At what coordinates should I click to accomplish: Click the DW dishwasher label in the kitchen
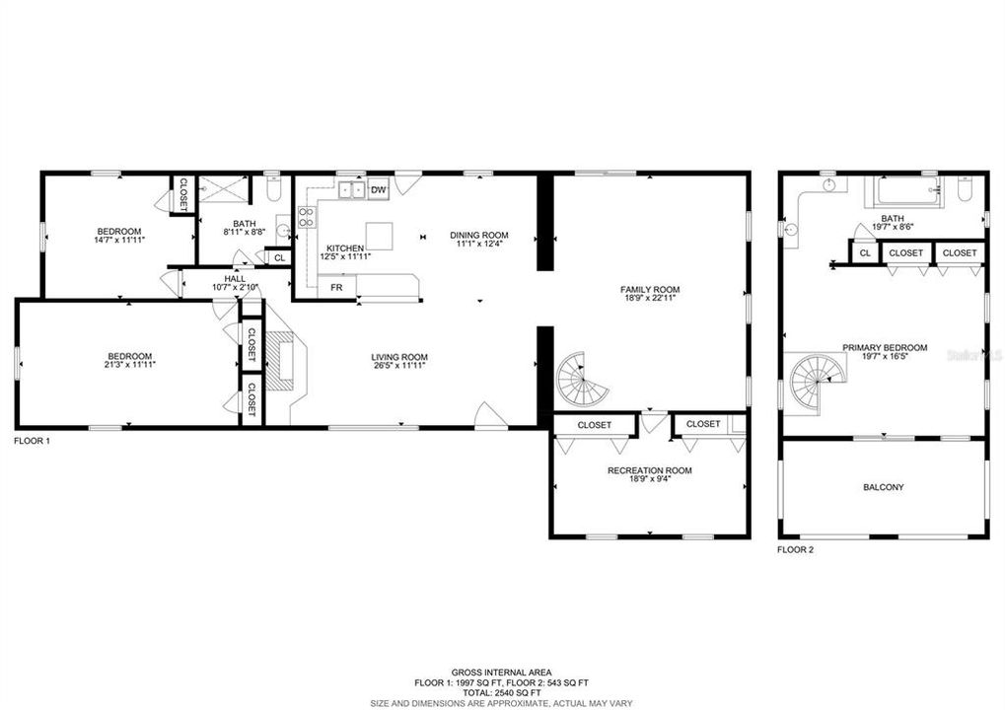click(x=379, y=188)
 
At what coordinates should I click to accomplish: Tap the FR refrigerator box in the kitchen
click(x=336, y=288)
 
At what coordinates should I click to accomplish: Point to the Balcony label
click(x=883, y=487)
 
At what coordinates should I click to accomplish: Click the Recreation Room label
click(x=649, y=470)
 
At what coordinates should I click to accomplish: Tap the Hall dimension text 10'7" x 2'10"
click(x=235, y=288)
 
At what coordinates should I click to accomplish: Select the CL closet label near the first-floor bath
click(x=279, y=257)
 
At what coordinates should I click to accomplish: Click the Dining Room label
click(x=479, y=235)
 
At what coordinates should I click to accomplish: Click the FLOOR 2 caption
click(x=795, y=549)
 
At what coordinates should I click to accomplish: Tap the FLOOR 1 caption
click(x=32, y=441)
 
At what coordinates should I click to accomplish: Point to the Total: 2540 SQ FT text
click(x=501, y=692)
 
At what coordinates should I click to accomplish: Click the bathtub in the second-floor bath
click(x=904, y=189)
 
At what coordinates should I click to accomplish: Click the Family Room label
click(x=650, y=290)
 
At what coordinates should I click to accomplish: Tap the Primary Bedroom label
click(x=884, y=347)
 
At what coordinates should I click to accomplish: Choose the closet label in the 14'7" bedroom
click(x=182, y=194)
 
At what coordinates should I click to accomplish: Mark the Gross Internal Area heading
click(x=501, y=672)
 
